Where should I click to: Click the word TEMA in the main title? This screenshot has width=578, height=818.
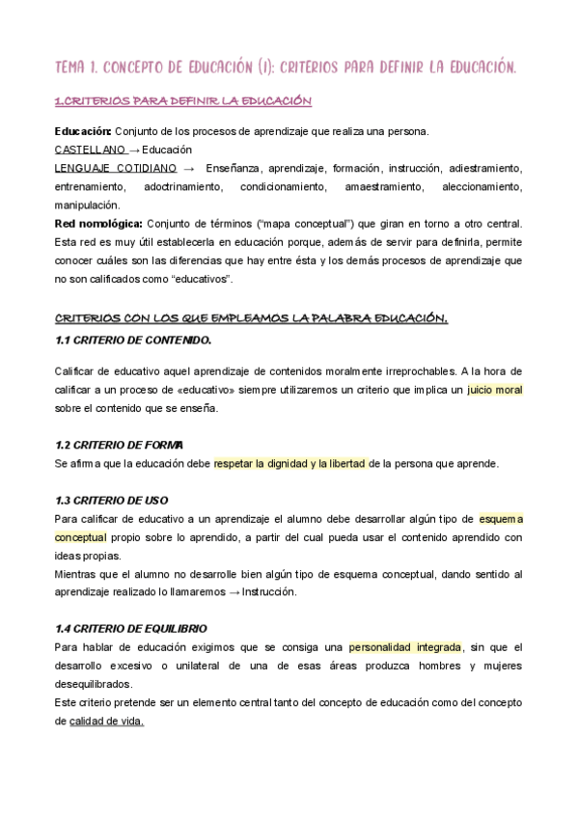pos(70,67)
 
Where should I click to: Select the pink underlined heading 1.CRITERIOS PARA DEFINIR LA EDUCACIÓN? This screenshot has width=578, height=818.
pos(183,101)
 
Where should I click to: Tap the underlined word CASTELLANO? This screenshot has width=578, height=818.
pos(91,150)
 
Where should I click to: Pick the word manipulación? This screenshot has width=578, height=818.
pos(88,204)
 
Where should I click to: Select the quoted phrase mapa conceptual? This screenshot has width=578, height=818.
pos(291,224)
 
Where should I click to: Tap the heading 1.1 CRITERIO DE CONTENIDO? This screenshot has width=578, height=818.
pos(133,341)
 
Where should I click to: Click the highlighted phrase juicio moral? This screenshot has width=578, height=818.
pos(495,390)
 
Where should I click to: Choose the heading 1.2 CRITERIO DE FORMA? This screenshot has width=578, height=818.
pos(120,444)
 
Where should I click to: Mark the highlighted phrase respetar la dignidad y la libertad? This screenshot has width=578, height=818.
pos(290,463)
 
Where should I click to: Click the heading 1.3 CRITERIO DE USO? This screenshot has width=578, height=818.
pos(112,500)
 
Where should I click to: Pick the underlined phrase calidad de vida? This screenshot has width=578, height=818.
pos(106,721)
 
